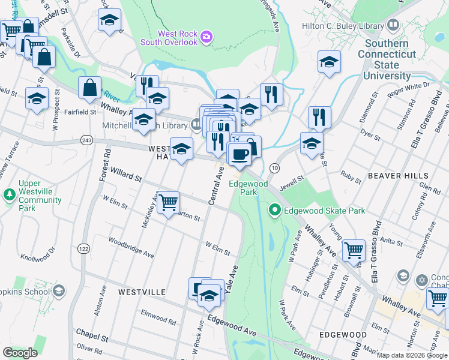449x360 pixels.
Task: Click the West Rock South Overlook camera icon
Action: [206, 38]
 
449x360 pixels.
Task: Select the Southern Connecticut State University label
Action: [387, 59]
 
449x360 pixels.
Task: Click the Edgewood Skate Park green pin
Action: [275, 210]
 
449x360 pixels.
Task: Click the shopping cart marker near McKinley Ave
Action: [168, 202]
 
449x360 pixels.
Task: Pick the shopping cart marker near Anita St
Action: [354, 250]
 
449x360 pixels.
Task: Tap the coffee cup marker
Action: [240, 154]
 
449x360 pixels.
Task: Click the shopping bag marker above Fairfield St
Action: [89, 88]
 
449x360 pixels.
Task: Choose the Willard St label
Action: [125, 178]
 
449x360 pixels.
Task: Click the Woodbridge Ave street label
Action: [131, 247]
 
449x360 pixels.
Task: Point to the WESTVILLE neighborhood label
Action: [142, 292]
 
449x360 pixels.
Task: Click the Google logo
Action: [20, 353]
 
